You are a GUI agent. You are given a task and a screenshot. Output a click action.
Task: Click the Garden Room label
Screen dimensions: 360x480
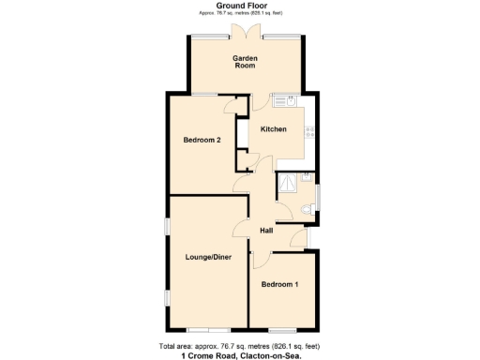(x=245, y=62)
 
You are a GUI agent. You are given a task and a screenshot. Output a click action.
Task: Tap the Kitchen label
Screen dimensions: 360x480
(x=273, y=129)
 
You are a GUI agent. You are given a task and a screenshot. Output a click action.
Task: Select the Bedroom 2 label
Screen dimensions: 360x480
(x=202, y=141)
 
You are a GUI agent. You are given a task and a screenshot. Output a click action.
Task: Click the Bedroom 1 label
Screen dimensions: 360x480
(x=279, y=284)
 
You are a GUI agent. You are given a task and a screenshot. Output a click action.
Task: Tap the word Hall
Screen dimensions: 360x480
(x=266, y=231)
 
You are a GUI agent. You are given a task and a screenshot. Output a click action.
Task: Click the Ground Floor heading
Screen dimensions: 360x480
(x=243, y=6)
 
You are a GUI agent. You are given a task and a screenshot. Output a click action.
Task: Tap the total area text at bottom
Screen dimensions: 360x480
(x=243, y=344)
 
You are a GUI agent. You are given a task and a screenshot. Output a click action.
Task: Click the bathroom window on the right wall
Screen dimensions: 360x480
(x=318, y=199)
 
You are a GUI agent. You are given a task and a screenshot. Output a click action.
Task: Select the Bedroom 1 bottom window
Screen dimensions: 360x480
(x=281, y=330)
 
